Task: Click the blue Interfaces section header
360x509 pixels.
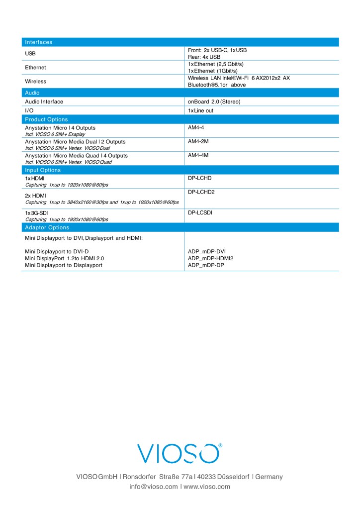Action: (39, 42)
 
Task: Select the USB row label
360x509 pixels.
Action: (31, 54)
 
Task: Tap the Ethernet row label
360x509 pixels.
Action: (35, 67)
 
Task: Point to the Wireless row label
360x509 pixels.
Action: (35, 81)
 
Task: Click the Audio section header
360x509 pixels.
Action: (32, 93)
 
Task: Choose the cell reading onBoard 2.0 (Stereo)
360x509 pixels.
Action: (214, 102)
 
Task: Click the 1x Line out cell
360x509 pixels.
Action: (200, 110)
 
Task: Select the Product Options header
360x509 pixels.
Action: (46, 119)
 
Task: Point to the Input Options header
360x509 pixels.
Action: (43, 170)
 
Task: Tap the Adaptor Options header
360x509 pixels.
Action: (47, 227)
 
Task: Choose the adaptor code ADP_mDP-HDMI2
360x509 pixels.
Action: (210, 258)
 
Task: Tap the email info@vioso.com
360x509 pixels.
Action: (153, 487)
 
